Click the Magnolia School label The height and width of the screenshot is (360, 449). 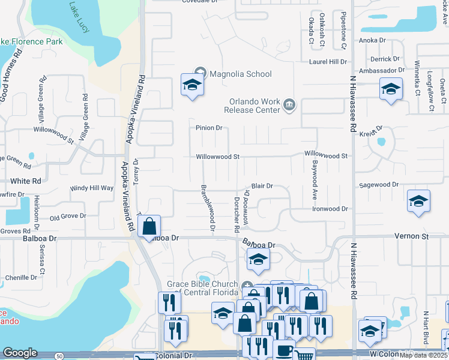(x=240, y=74)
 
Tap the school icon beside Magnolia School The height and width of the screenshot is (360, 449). (x=192, y=85)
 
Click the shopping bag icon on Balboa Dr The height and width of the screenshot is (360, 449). (x=149, y=226)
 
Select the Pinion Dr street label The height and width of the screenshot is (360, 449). (x=209, y=128)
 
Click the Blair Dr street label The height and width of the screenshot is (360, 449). (x=262, y=187)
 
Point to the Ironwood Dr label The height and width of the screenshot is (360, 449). (x=330, y=209)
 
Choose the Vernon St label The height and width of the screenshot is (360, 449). (x=412, y=237)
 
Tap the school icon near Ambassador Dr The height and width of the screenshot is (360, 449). (x=391, y=90)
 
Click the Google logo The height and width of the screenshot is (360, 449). (x=20, y=353)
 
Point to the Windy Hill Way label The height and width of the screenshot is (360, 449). (x=92, y=188)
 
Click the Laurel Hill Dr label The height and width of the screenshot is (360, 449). (x=328, y=62)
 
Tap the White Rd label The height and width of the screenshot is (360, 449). (x=25, y=181)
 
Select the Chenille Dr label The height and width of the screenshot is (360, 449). (x=21, y=278)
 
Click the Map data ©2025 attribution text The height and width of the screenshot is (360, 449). (x=424, y=355)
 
